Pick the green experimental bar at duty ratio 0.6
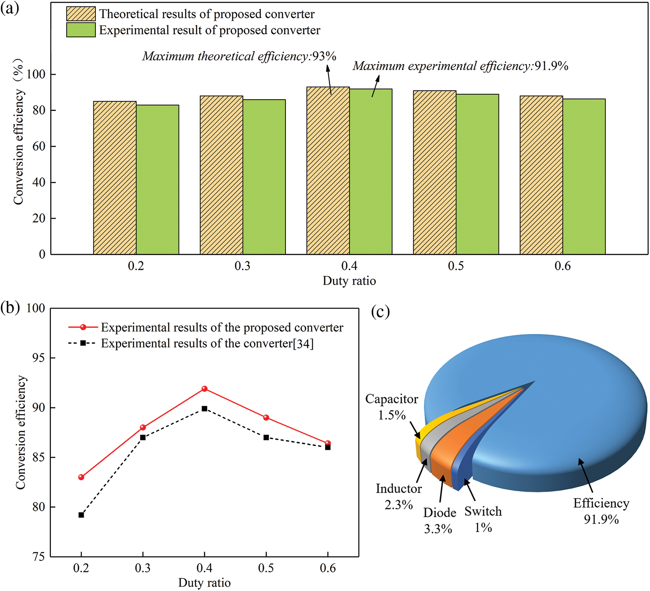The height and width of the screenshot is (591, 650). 584,176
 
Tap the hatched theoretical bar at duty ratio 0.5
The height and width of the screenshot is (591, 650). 434,172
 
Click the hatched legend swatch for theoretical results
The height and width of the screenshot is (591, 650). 81,14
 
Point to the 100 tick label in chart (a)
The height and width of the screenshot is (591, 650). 36,74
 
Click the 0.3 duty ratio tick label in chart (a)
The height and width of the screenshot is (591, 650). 242,266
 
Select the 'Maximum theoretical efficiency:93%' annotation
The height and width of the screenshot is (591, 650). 239,56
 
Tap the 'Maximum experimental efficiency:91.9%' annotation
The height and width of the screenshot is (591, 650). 460,66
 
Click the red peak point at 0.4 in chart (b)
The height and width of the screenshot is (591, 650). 205,389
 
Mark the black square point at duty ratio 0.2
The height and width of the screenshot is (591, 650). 81,515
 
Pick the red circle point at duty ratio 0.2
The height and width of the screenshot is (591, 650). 81,477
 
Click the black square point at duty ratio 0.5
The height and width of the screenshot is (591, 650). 266,437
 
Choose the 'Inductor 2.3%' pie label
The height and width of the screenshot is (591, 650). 398,497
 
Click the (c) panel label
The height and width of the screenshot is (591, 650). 380,312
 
